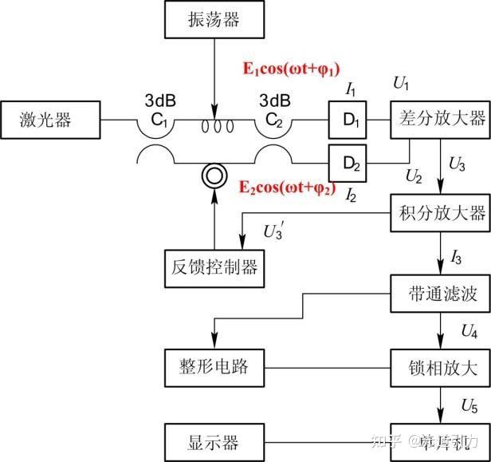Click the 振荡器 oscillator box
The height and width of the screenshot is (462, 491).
pos(214,19)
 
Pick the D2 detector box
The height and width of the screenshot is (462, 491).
pos(352,164)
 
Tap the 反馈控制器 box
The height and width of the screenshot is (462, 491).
pos(214,267)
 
